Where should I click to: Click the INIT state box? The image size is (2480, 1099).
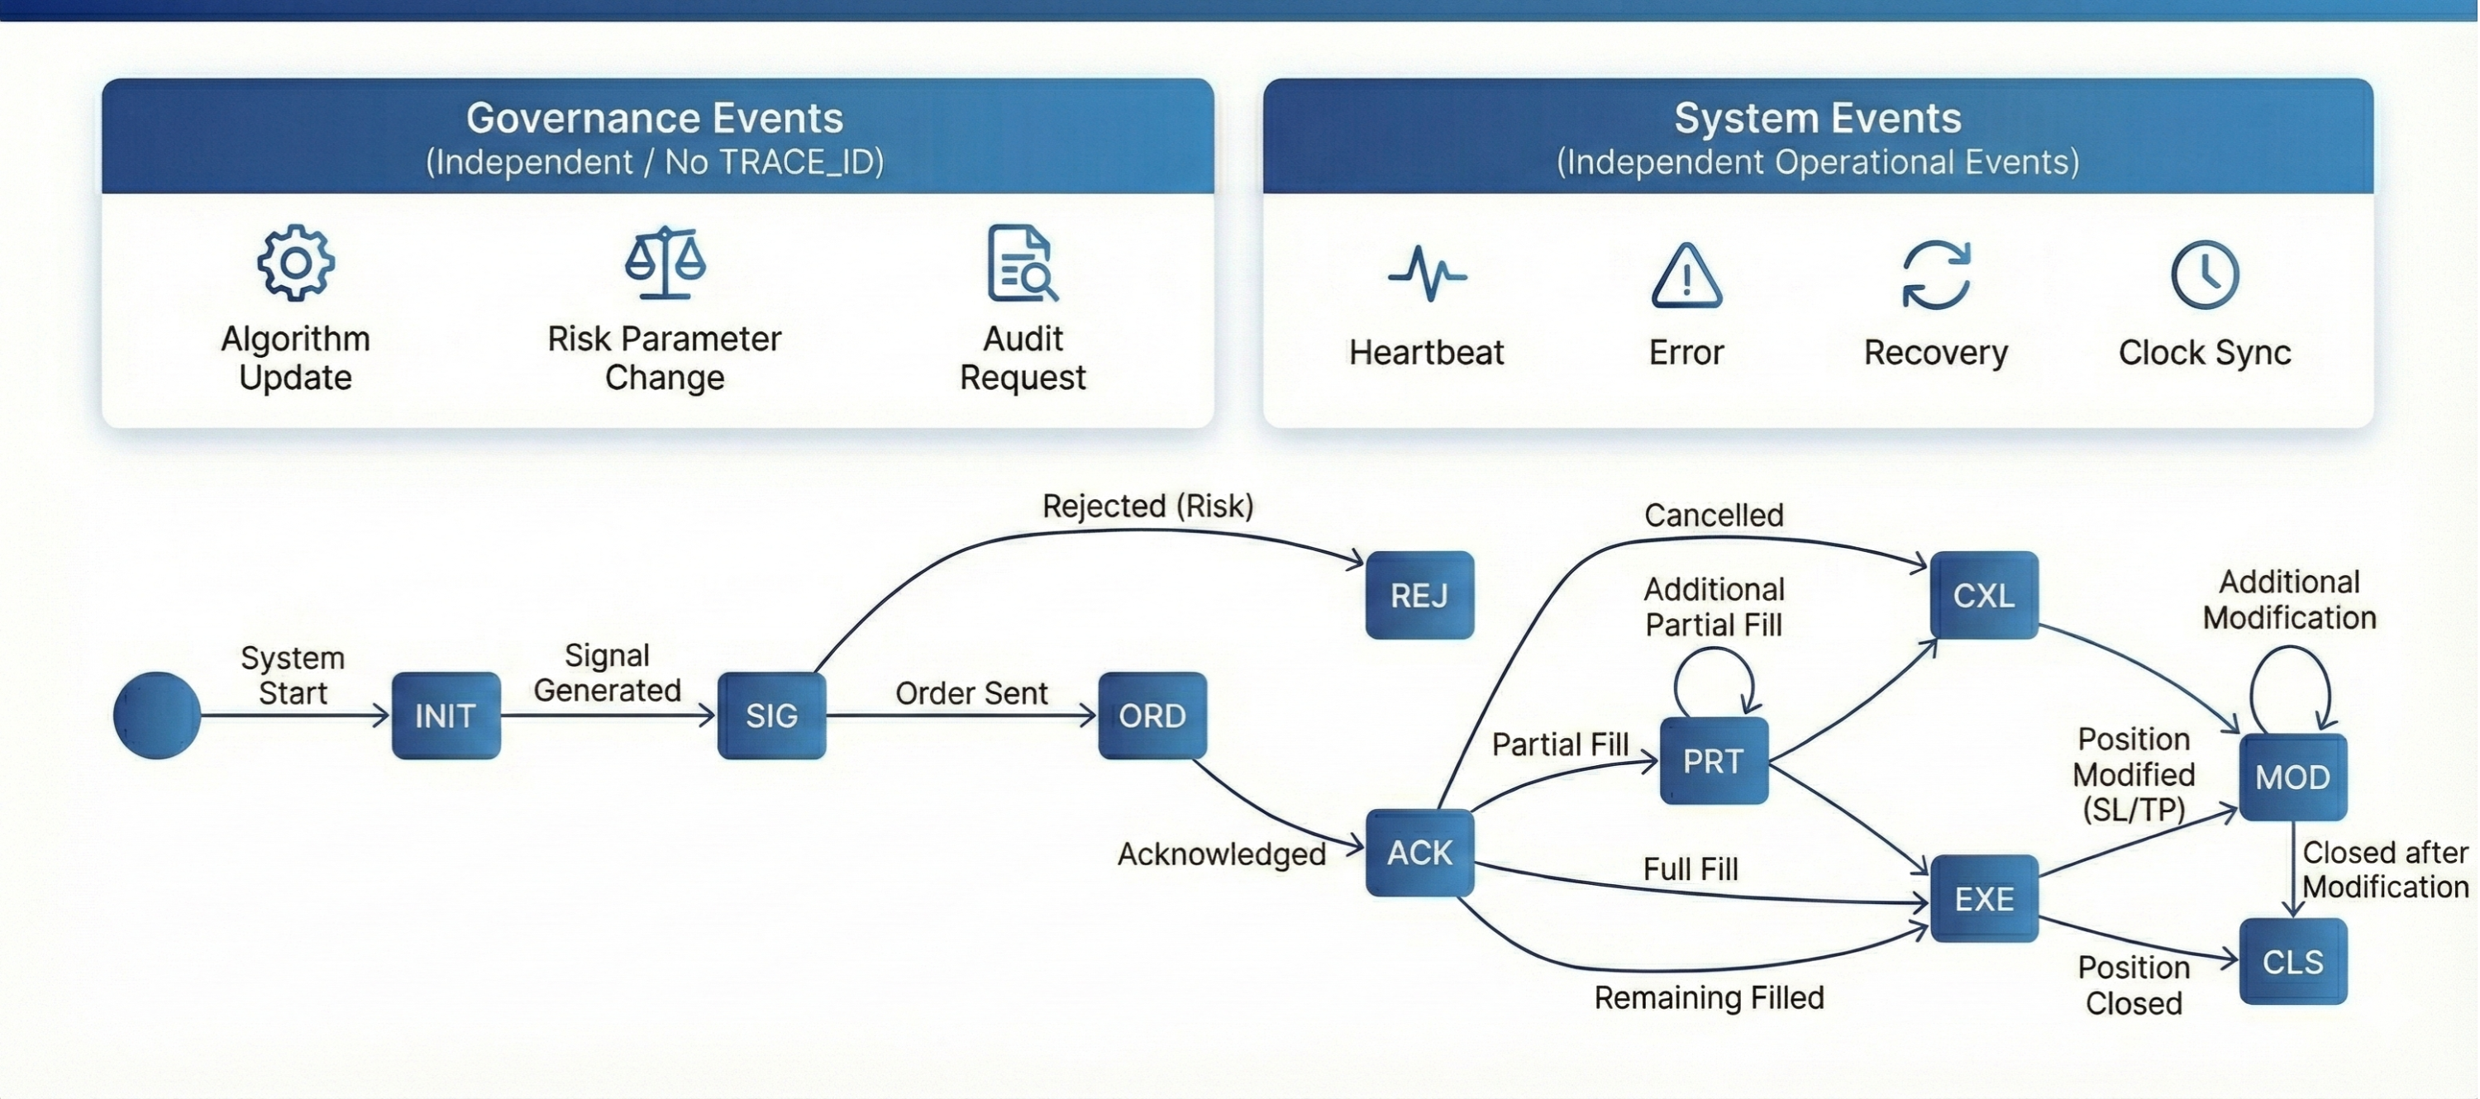(x=446, y=715)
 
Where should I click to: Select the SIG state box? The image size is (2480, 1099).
(x=771, y=715)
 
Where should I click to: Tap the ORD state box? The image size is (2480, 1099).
(x=1152, y=715)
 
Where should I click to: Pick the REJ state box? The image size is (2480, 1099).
(x=1419, y=595)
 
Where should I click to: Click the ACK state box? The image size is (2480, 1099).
(x=1419, y=852)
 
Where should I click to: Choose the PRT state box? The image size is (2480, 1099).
(x=1713, y=760)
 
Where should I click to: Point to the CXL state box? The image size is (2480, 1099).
(x=1983, y=595)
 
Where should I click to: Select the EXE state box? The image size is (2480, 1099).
(x=1983, y=898)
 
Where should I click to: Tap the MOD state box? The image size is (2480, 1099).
(x=2292, y=777)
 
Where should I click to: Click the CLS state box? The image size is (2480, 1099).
(x=2292, y=961)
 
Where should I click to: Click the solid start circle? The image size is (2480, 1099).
(x=157, y=715)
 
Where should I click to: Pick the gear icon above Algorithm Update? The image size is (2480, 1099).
(x=296, y=263)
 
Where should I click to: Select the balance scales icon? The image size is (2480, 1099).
(x=665, y=262)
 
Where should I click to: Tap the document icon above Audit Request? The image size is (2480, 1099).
(x=1022, y=263)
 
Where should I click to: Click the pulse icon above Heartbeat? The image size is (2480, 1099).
(x=1427, y=274)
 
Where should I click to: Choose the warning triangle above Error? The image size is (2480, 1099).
(x=1686, y=276)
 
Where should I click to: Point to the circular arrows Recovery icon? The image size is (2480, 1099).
(x=1936, y=275)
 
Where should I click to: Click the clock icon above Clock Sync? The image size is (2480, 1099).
(x=2205, y=275)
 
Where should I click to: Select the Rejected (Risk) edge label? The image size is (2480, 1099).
(x=1147, y=507)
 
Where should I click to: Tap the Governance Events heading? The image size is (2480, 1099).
(x=655, y=118)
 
